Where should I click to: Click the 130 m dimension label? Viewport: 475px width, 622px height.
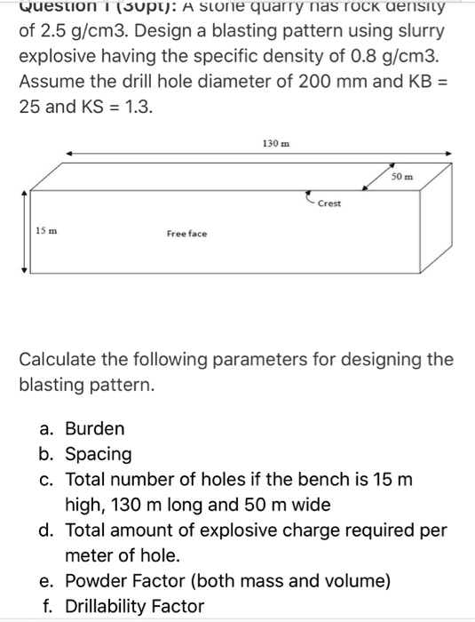[x=273, y=143]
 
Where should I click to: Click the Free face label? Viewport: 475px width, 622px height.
[x=186, y=234]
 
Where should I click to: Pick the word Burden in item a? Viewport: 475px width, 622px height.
[x=95, y=428]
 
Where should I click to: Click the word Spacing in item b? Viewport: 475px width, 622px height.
[x=98, y=454]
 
